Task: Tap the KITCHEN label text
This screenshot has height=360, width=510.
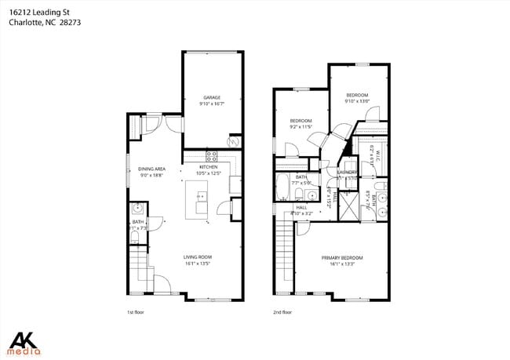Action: (208, 167)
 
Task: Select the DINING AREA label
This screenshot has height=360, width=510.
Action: (151, 169)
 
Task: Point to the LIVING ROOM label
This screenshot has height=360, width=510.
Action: (198, 257)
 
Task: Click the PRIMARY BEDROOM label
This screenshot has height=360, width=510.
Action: (342, 258)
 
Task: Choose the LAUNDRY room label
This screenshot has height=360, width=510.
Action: (347, 172)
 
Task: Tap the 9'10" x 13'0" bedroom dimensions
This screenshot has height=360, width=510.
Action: (357, 101)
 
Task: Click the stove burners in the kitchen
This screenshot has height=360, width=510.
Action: (211, 155)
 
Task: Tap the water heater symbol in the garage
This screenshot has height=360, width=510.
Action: (233, 141)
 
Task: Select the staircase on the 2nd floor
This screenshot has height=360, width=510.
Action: (284, 256)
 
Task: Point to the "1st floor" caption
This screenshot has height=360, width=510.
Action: (135, 312)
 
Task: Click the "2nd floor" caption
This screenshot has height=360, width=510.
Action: (282, 312)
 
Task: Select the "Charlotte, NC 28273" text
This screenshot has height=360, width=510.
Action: (45, 23)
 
